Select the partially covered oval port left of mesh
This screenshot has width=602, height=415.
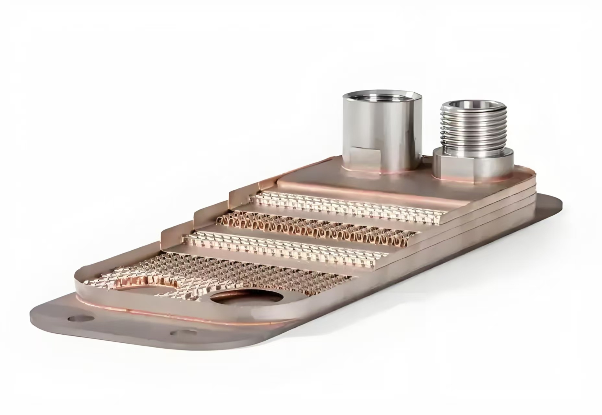pos(143,285)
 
